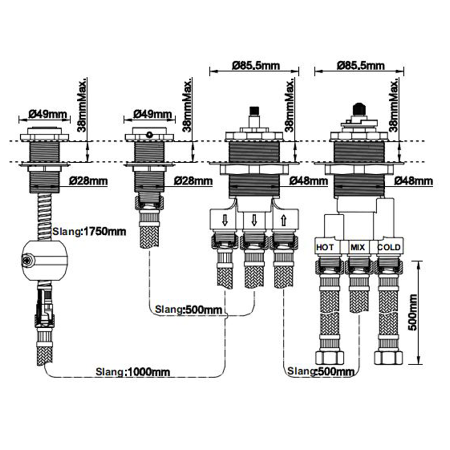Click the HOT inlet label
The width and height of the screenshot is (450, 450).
click(x=325, y=247)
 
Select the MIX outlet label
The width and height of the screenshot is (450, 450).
click(x=358, y=247)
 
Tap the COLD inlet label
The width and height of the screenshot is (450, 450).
click(x=389, y=247)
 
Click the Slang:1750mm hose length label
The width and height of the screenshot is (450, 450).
click(x=89, y=231)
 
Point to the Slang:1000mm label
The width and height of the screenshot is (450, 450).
click(x=133, y=372)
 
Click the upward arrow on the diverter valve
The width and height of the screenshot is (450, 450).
click(x=284, y=221)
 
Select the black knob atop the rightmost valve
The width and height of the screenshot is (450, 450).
click(x=359, y=109)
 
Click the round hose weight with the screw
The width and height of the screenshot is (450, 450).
click(x=45, y=261)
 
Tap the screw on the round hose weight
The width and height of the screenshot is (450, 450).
click(x=26, y=261)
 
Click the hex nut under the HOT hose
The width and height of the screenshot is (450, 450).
click(x=330, y=357)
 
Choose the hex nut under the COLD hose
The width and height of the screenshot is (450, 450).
click(x=389, y=357)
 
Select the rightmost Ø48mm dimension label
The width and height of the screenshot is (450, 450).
click(x=413, y=181)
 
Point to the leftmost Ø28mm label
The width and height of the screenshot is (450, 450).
click(x=88, y=181)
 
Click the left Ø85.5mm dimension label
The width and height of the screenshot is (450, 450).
click(x=256, y=66)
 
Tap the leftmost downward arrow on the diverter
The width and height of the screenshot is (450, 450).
click(x=225, y=221)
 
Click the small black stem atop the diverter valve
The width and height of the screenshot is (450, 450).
click(x=254, y=110)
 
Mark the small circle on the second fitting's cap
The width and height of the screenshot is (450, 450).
click(x=149, y=134)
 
